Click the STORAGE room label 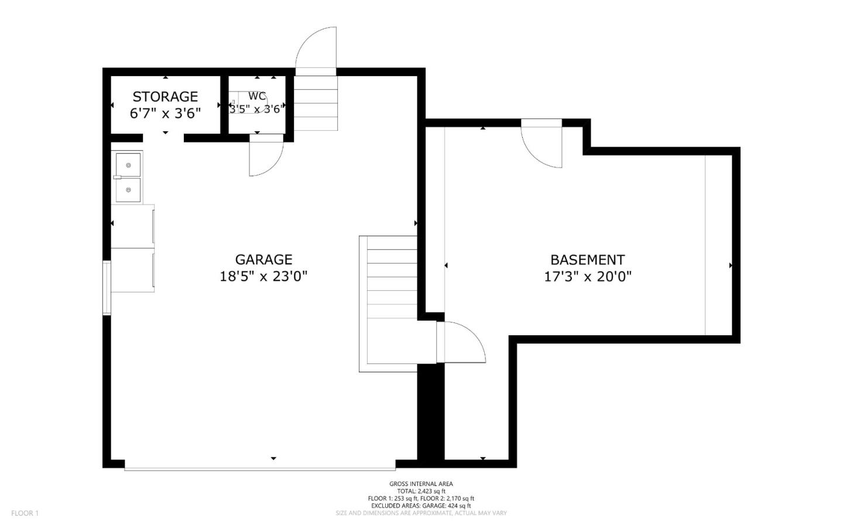pos(165,97)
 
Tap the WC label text pos(257,96)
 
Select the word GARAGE pos(263,260)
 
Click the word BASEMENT pos(587,260)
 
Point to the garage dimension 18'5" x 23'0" pos(263,276)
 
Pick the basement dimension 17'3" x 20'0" pos(588,276)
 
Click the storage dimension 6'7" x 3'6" pos(165,113)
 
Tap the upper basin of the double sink pos(128,165)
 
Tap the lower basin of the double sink pos(128,190)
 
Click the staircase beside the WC pos(316,103)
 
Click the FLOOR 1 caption pos(25,514)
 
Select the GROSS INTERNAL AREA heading pos(421,484)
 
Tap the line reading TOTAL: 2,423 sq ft pos(421,491)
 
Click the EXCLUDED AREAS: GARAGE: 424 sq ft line pos(421,505)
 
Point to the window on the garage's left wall pos(107,288)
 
